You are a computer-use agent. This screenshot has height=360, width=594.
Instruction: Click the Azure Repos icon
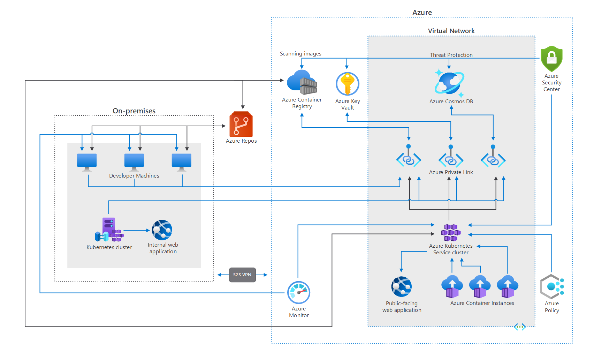coord(241,124)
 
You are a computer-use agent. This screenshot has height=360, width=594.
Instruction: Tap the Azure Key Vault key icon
coord(348,84)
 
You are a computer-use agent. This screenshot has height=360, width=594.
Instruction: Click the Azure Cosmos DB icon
coord(449,83)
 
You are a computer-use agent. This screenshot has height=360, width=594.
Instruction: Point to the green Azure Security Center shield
coord(551,59)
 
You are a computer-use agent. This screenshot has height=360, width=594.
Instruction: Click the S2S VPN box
coord(242,275)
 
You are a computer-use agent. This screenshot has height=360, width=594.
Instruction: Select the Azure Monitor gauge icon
coord(299,292)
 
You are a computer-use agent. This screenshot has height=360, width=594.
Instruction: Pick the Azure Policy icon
coord(551,287)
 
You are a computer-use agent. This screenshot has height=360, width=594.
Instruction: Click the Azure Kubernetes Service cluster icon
coord(451,232)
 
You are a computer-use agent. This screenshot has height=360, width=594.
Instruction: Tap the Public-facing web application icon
coord(402,286)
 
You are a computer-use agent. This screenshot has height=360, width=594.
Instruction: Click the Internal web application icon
coord(162,230)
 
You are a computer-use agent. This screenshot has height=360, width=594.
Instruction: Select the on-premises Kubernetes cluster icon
coord(109,230)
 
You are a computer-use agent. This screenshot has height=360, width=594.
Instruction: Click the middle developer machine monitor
coord(134,162)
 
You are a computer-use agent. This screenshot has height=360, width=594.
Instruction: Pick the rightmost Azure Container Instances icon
coord(508,286)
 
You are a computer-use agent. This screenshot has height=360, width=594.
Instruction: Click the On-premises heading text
coord(134,111)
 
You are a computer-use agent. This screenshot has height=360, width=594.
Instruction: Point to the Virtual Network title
coord(451,31)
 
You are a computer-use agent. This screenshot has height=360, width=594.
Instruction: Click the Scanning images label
coord(300,54)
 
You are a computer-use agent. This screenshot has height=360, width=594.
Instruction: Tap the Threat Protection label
coord(451,55)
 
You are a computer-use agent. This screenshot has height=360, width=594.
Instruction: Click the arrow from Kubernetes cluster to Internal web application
coord(137,230)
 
